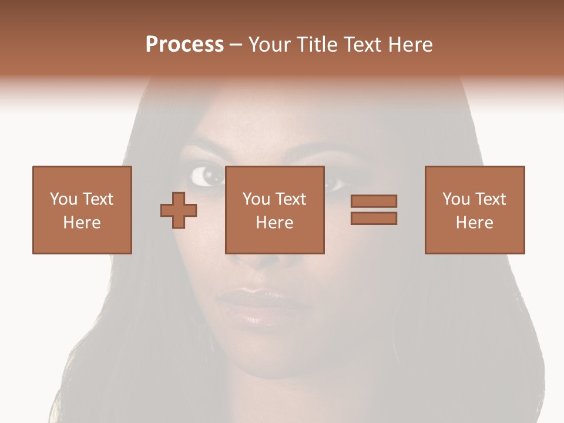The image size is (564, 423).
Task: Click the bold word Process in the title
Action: tap(184, 45)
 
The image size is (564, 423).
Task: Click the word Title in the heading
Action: tap(317, 45)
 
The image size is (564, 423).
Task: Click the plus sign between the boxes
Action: tap(179, 210)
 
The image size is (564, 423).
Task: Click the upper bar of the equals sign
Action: tap(374, 201)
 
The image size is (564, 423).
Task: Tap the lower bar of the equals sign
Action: tap(374, 219)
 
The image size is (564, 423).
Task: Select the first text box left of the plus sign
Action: tap(82, 210)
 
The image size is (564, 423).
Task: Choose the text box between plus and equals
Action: tap(274, 210)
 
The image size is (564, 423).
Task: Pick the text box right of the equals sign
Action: tap(475, 210)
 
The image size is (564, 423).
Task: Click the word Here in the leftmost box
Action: tap(82, 223)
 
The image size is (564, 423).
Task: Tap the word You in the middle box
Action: tap(256, 199)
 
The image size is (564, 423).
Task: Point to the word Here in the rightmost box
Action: tap(475, 223)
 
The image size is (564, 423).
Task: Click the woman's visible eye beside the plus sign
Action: tap(205, 175)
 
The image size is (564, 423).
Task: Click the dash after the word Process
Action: tap(236, 45)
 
